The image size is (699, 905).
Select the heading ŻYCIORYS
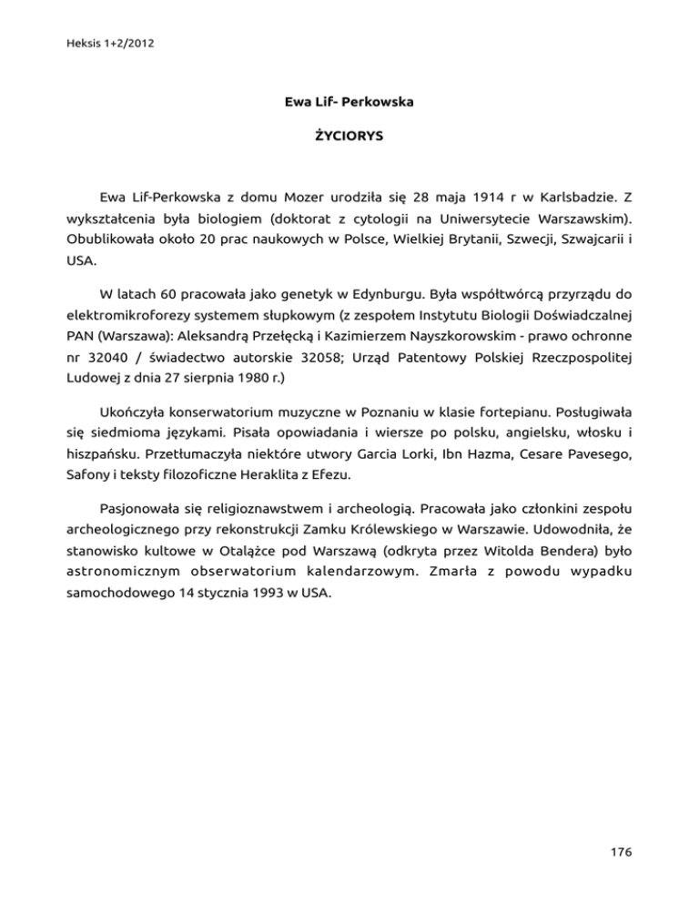(x=349, y=136)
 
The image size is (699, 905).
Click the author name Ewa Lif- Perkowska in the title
(x=349, y=102)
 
